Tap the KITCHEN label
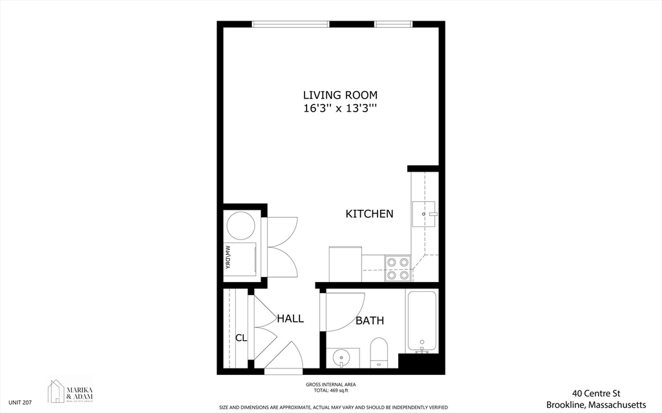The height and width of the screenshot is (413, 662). pyautogui.click(x=369, y=214)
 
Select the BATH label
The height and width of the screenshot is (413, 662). pyautogui.click(x=369, y=320)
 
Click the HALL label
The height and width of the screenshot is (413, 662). pyautogui.click(x=290, y=318)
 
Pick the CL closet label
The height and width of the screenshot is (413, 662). pyautogui.click(x=241, y=337)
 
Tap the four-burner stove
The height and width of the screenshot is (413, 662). pyautogui.click(x=398, y=268)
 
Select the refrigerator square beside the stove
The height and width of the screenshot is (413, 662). pyautogui.click(x=345, y=264)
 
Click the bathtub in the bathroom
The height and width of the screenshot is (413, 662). pyautogui.click(x=422, y=321)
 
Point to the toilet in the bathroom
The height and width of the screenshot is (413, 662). pyautogui.click(x=378, y=352)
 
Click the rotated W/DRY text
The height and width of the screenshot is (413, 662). pyautogui.click(x=228, y=259)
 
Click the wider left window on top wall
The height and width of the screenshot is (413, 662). pyautogui.click(x=290, y=25)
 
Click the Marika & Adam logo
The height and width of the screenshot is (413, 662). pyautogui.click(x=70, y=391)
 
